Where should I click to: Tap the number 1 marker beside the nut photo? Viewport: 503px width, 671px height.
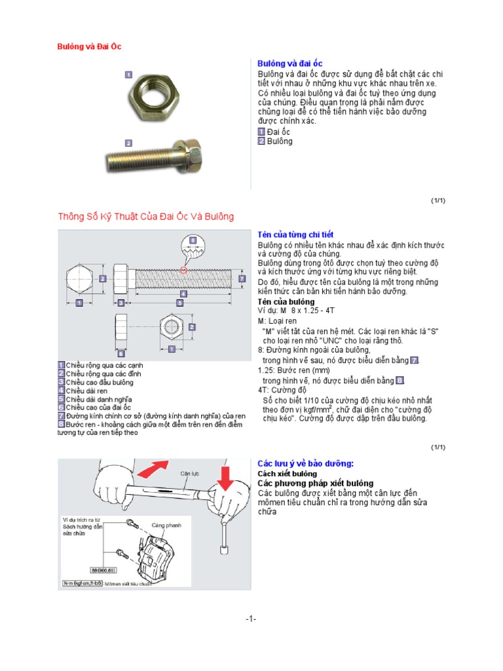pyautogui.click(x=129, y=75)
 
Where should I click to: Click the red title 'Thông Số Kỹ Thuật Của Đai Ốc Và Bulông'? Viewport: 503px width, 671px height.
pyautogui.click(x=145, y=216)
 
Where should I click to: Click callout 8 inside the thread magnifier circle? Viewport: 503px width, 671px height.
pyautogui.click(x=193, y=240)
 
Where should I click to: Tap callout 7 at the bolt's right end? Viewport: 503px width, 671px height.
pyautogui.click(x=242, y=278)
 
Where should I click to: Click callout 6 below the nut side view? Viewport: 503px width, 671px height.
pyautogui.click(x=121, y=355)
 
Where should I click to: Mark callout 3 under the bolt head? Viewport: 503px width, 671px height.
pyautogui.click(x=121, y=303)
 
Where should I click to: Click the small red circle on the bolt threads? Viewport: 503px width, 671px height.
pyautogui.click(x=184, y=269)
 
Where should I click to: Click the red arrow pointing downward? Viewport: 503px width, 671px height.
pyautogui.click(x=225, y=482)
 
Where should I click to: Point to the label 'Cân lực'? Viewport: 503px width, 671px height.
pyautogui.click(x=189, y=472)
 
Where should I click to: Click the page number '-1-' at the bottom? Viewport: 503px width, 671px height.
pyautogui.click(x=251, y=619)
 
